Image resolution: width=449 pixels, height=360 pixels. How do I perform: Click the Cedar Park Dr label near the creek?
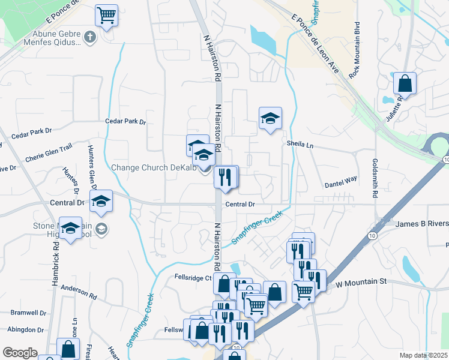coord(125,121)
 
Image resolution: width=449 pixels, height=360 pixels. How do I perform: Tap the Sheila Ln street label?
coord(300,145)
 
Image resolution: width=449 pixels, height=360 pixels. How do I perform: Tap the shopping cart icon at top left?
coord(106,15)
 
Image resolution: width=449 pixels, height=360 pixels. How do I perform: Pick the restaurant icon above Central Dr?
coord(226,177)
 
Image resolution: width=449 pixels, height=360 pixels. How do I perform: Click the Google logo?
coord(20,353)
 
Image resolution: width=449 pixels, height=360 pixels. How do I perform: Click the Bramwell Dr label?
coord(28,313)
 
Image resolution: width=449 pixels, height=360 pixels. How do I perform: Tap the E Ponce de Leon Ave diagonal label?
coord(315,46)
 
